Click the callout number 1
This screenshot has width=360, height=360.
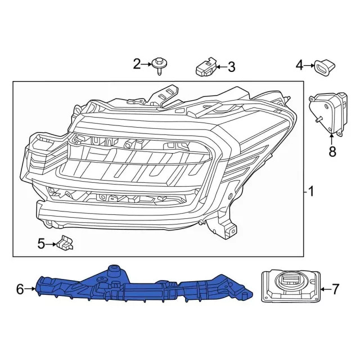311,192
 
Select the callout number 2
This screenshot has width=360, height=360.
137,64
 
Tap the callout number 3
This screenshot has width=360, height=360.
231,68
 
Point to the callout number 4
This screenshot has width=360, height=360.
299,66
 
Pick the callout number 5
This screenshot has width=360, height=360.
41,244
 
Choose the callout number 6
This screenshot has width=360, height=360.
20,290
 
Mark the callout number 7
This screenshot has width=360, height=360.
336,290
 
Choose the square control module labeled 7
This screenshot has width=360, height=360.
290,287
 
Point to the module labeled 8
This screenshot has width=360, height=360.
328,113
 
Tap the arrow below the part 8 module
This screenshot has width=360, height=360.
331,138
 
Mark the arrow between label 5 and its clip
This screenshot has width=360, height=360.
51,244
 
